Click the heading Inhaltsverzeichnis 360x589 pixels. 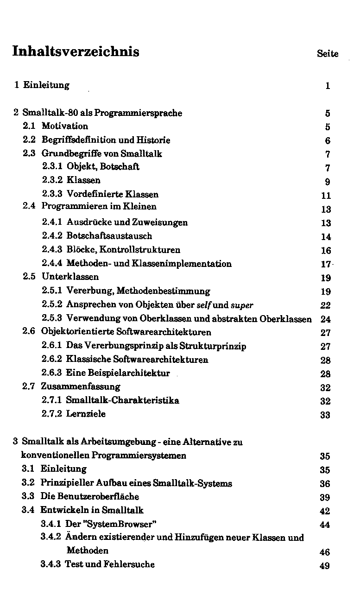(x=76, y=51)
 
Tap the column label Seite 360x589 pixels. (x=328, y=54)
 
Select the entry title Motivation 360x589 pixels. (x=65, y=126)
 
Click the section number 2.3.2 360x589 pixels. (x=53, y=180)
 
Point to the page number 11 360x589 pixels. (x=326, y=196)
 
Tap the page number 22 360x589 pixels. (x=325, y=305)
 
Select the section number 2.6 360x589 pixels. (x=29, y=332)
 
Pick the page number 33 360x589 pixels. (x=325, y=415)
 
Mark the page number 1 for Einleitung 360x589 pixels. (x=328, y=86)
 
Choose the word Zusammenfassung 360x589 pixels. (x=81, y=386)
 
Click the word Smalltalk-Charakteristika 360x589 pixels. (x=122, y=400)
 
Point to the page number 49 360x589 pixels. (x=325, y=566)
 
